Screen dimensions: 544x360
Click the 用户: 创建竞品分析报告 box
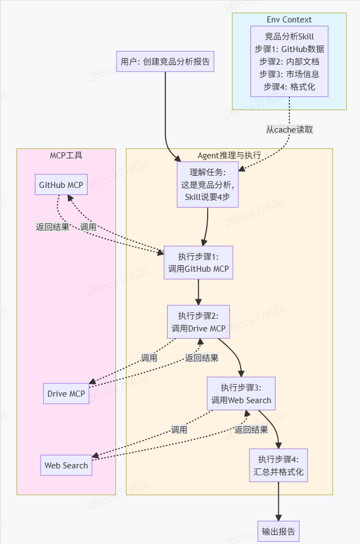pyautogui.click(x=165, y=61)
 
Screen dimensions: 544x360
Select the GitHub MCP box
pyautogui.click(x=61, y=185)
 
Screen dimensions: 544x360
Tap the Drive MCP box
pyautogui.click(x=66, y=393)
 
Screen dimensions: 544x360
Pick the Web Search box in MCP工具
pyautogui.click(x=66, y=465)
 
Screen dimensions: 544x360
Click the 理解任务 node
pyautogui.click(x=208, y=185)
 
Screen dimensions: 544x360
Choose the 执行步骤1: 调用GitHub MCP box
pyautogui.click(x=198, y=262)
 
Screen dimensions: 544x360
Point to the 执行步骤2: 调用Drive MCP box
pyautogui.click(x=198, y=322)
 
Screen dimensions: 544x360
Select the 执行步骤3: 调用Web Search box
pyautogui.click(x=241, y=393)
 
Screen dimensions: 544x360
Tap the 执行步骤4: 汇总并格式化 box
pyautogui.click(x=278, y=465)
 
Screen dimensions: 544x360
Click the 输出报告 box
pyautogui.click(x=278, y=531)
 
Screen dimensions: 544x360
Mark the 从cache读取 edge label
pyautogui.click(x=289, y=129)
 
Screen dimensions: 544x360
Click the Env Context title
pyautogui.click(x=289, y=20)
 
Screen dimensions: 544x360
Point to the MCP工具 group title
pyautogui.click(x=66, y=155)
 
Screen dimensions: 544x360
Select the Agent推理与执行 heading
pyautogui.click(x=229, y=155)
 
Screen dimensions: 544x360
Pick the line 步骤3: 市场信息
pyautogui.click(x=289, y=73)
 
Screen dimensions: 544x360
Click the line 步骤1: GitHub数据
pyautogui.click(x=289, y=49)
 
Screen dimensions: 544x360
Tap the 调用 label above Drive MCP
pyautogui.click(x=149, y=358)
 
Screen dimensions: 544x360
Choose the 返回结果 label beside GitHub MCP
pyautogui.click(x=53, y=227)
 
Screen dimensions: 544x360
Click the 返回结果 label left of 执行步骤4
pyautogui.click(x=251, y=430)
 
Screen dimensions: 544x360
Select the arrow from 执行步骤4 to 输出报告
pyautogui.click(x=278, y=501)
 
